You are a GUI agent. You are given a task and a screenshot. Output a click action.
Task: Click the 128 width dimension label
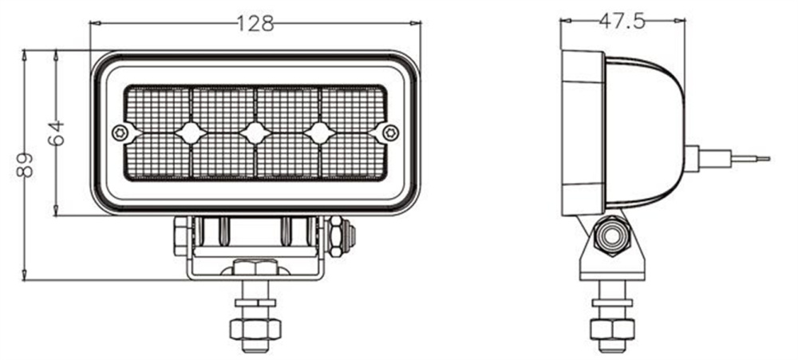pos(255,24)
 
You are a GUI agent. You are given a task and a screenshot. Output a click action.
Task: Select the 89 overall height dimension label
pos(24,164)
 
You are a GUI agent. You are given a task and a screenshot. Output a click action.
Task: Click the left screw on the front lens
pos(120,133)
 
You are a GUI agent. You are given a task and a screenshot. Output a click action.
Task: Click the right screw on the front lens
pos(390,133)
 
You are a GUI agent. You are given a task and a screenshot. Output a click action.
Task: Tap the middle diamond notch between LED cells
pos(255,133)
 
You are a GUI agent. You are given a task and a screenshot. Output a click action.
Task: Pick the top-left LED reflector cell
pos(158,108)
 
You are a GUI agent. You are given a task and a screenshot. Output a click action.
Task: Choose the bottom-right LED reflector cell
pos(354,156)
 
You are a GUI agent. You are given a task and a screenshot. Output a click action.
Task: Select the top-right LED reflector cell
pos(354,108)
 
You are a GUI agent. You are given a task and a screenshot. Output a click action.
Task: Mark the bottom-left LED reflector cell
pos(158,156)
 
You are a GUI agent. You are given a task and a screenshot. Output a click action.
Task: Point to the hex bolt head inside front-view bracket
pos(255,268)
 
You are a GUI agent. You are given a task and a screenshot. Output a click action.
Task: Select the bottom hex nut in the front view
pos(255,329)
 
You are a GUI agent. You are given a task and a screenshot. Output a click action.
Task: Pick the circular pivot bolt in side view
pos(612,236)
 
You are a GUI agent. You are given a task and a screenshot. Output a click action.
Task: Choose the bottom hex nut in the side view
pos(612,329)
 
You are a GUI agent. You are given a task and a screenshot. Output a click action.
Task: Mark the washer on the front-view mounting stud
pos(255,303)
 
